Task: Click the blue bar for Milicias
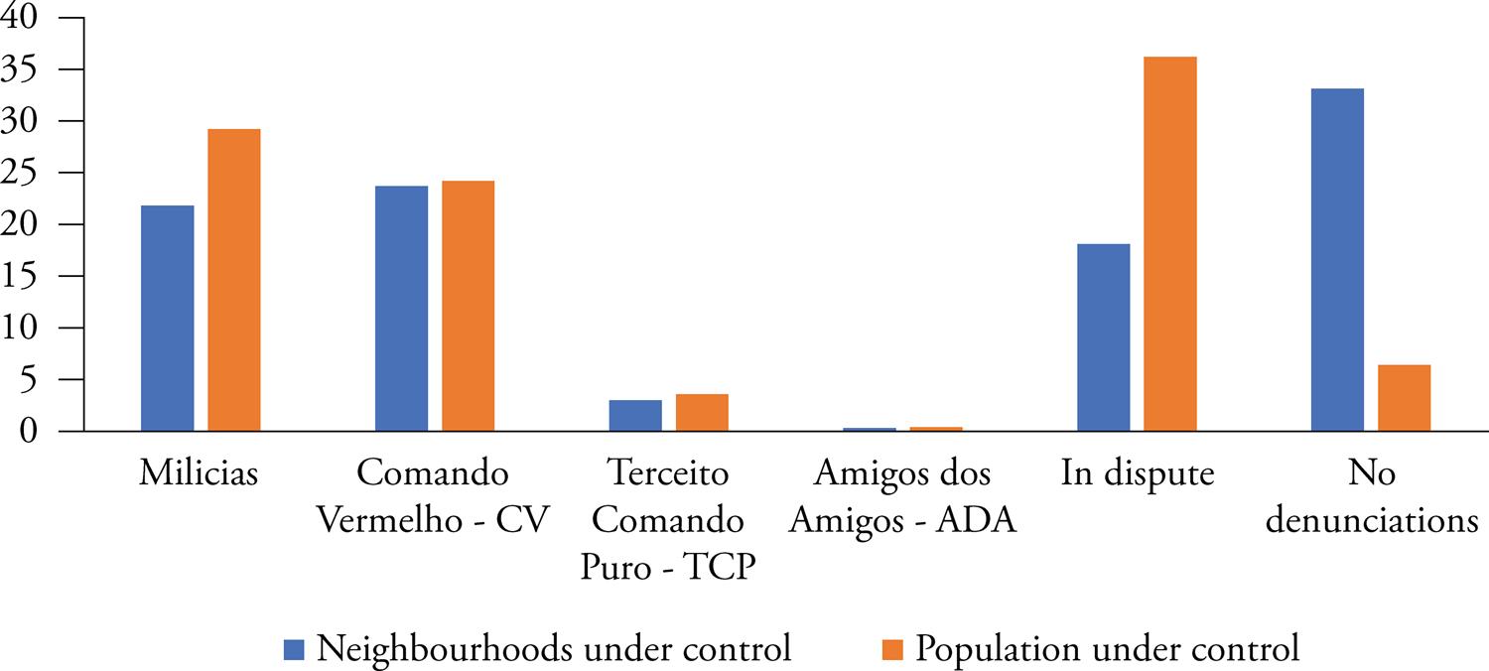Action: (x=168, y=318)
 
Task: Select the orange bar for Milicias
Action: (x=234, y=280)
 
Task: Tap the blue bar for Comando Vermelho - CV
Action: (x=402, y=308)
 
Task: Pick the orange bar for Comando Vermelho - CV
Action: (x=469, y=306)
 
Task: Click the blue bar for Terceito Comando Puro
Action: (x=635, y=416)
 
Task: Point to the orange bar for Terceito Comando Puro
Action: (x=702, y=413)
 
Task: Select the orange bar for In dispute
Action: (x=1170, y=243)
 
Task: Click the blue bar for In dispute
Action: (x=1104, y=337)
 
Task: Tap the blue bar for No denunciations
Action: (x=1337, y=260)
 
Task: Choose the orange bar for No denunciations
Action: (x=1405, y=398)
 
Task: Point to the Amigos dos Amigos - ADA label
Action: (x=901, y=497)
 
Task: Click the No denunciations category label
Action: (x=1372, y=497)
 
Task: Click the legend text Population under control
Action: (x=1107, y=649)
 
